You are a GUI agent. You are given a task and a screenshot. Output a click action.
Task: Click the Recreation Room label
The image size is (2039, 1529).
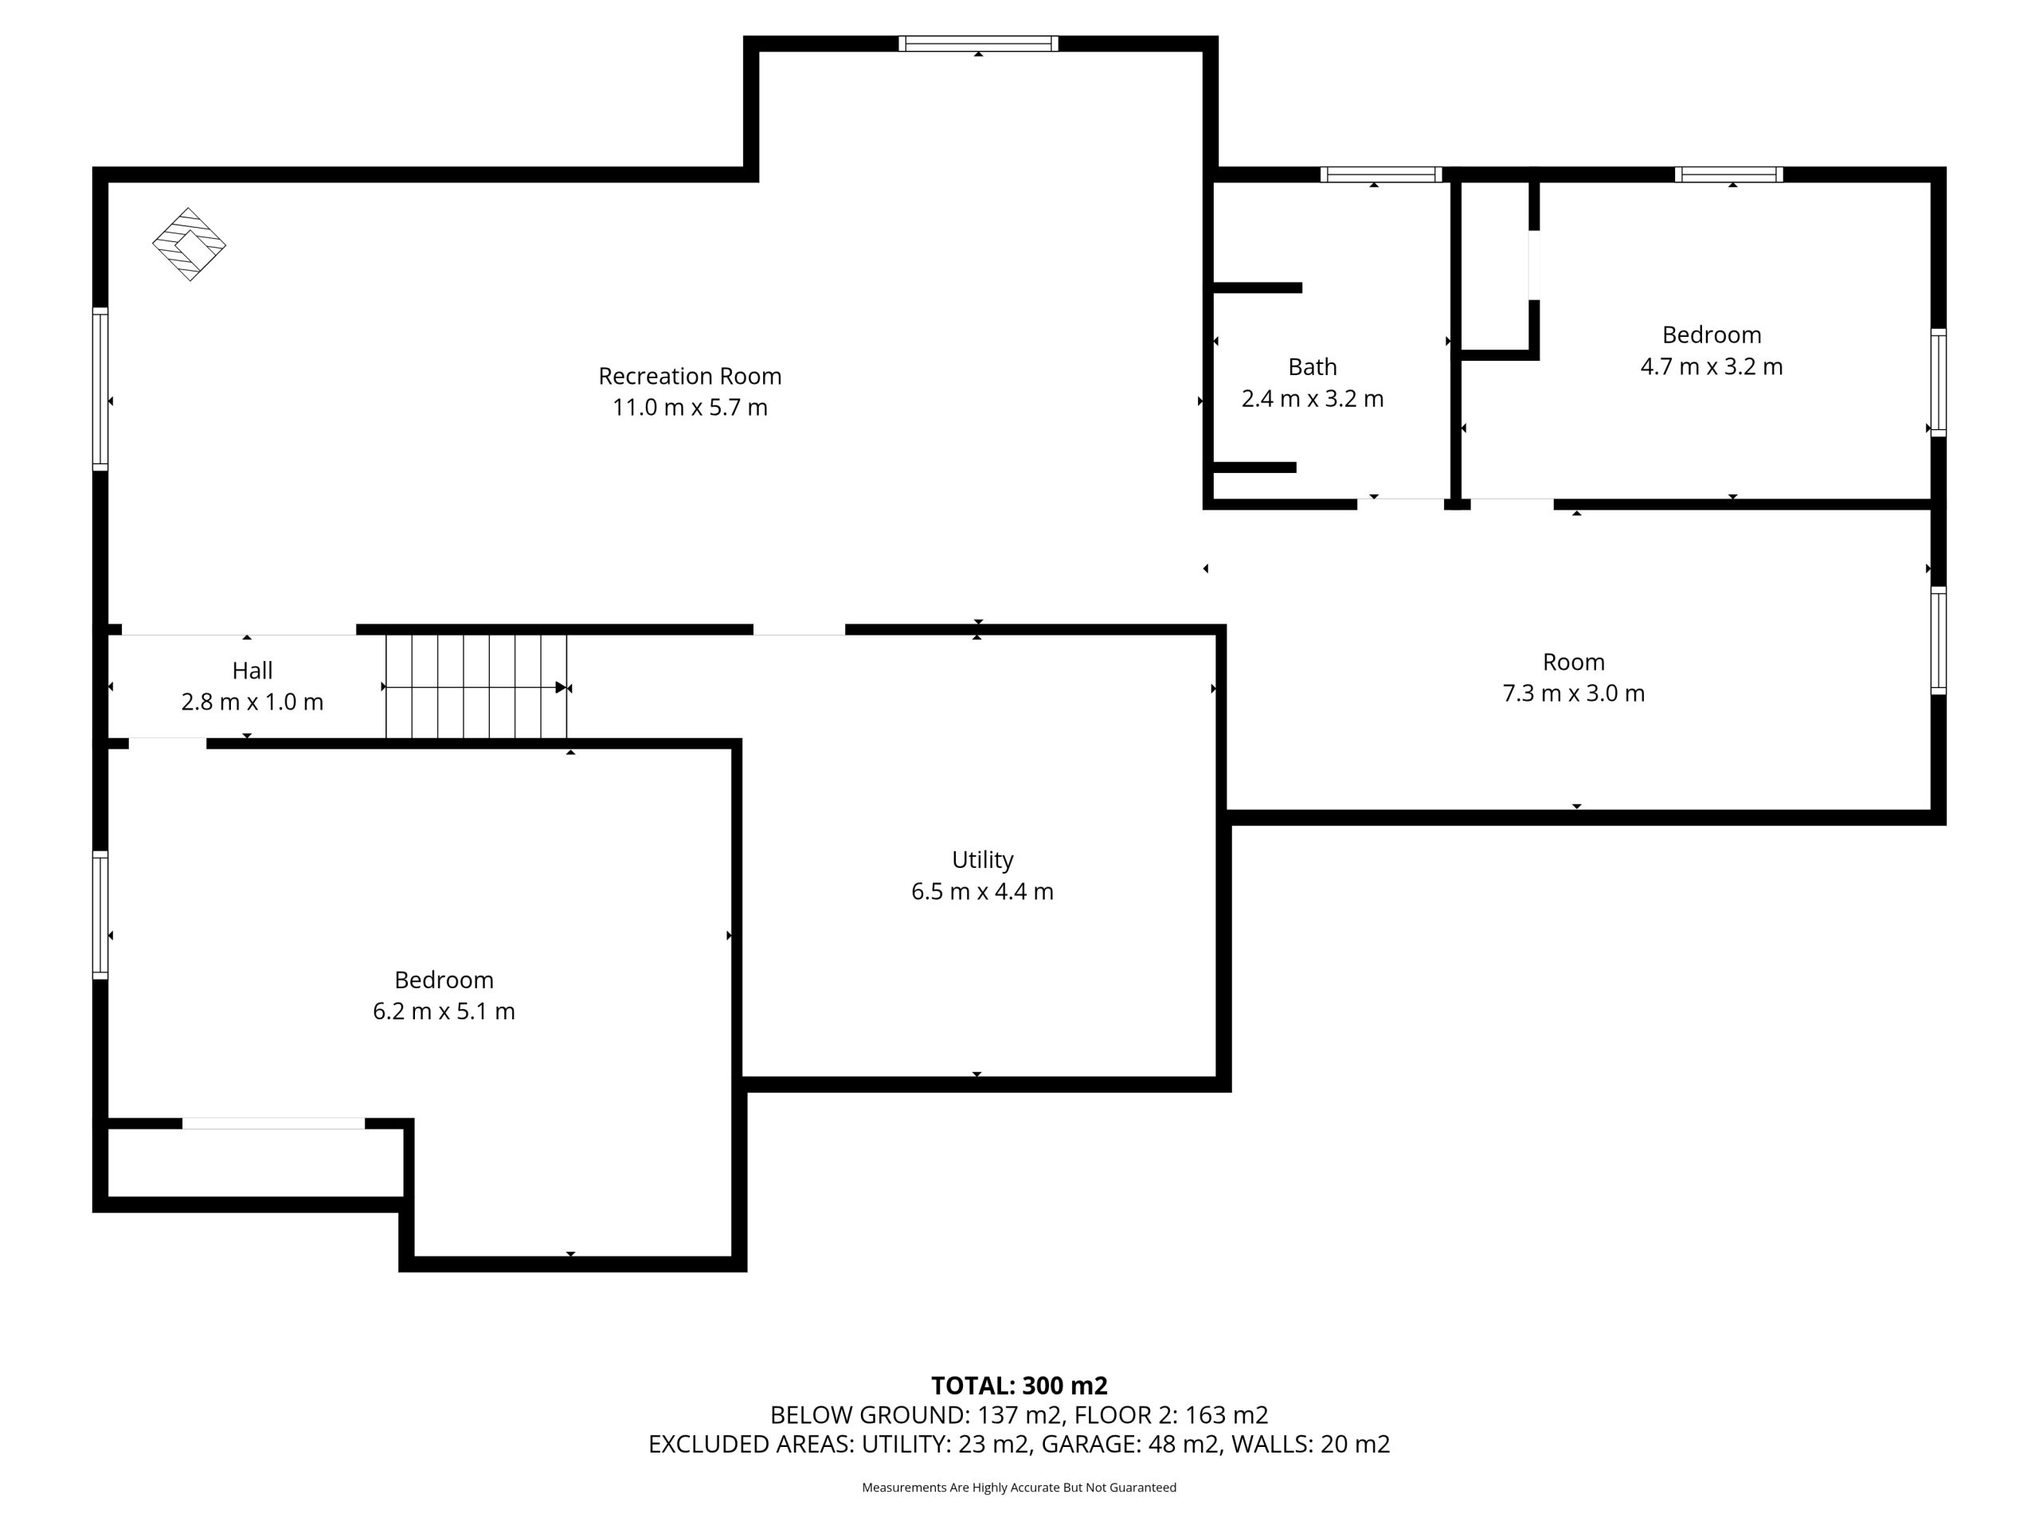coord(690,376)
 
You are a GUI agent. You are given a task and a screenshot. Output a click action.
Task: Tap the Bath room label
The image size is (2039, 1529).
coord(1312,367)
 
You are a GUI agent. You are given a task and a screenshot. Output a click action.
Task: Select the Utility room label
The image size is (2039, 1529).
coord(983,860)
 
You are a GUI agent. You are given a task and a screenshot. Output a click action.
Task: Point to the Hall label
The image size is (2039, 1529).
coord(252,670)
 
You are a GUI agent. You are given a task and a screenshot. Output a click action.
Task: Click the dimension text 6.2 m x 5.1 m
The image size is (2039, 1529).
coord(444,1011)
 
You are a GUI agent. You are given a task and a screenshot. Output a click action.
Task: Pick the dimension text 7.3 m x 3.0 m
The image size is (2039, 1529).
coord(1574,693)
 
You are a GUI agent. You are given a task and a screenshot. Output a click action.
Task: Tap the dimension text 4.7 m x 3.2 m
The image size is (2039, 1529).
coord(1711,367)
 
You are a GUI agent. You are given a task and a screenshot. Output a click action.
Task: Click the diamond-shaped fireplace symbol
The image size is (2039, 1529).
coord(189,244)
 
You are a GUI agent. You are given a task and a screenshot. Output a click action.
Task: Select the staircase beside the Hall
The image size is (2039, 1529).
coord(476,686)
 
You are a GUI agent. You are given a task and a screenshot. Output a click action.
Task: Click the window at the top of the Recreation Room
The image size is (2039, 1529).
coord(978,43)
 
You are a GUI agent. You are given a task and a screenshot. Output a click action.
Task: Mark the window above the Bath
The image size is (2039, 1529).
coord(1381,174)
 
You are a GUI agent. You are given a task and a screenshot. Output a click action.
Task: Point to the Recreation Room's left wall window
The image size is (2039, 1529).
coord(100,389)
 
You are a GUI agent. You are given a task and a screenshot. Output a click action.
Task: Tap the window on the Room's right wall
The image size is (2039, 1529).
coord(1939,640)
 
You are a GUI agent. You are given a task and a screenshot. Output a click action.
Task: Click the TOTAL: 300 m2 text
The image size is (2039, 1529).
coord(1019,1386)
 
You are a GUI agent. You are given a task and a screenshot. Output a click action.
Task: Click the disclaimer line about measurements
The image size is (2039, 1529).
coord(1019,1488)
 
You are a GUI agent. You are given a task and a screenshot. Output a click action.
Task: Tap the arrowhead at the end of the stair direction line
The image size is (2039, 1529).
coord(562,687)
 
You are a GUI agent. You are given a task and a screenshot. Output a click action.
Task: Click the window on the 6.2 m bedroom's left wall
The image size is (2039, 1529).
coord(100,914)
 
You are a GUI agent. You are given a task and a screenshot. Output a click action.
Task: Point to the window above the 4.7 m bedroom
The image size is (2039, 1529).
coord(1728,174)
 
